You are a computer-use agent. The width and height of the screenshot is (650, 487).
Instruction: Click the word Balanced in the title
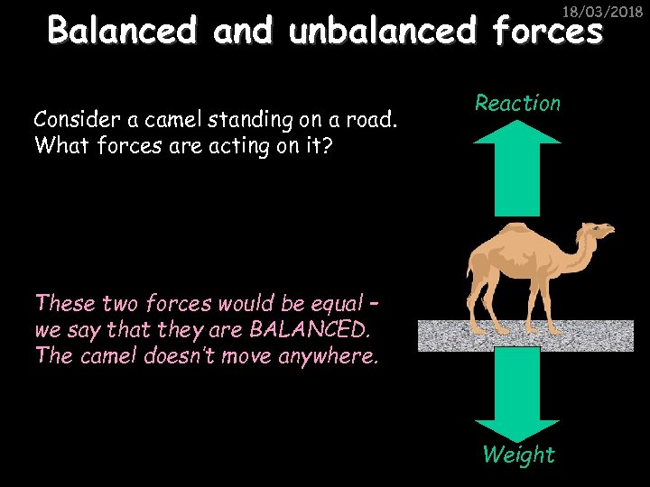(x=122, y=31)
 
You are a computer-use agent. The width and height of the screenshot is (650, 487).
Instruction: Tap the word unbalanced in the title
(x=383, y=31)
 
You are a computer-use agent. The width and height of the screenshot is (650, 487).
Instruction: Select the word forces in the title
(x=547, y=32)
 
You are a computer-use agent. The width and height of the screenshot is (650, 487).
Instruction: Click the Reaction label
(x=517, y=104)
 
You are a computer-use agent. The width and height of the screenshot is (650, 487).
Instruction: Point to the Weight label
(x=518, y=455)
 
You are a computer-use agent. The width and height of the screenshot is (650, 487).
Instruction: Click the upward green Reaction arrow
(x=517, y=171)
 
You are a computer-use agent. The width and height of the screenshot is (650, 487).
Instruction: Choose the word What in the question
(x=57, y=145)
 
